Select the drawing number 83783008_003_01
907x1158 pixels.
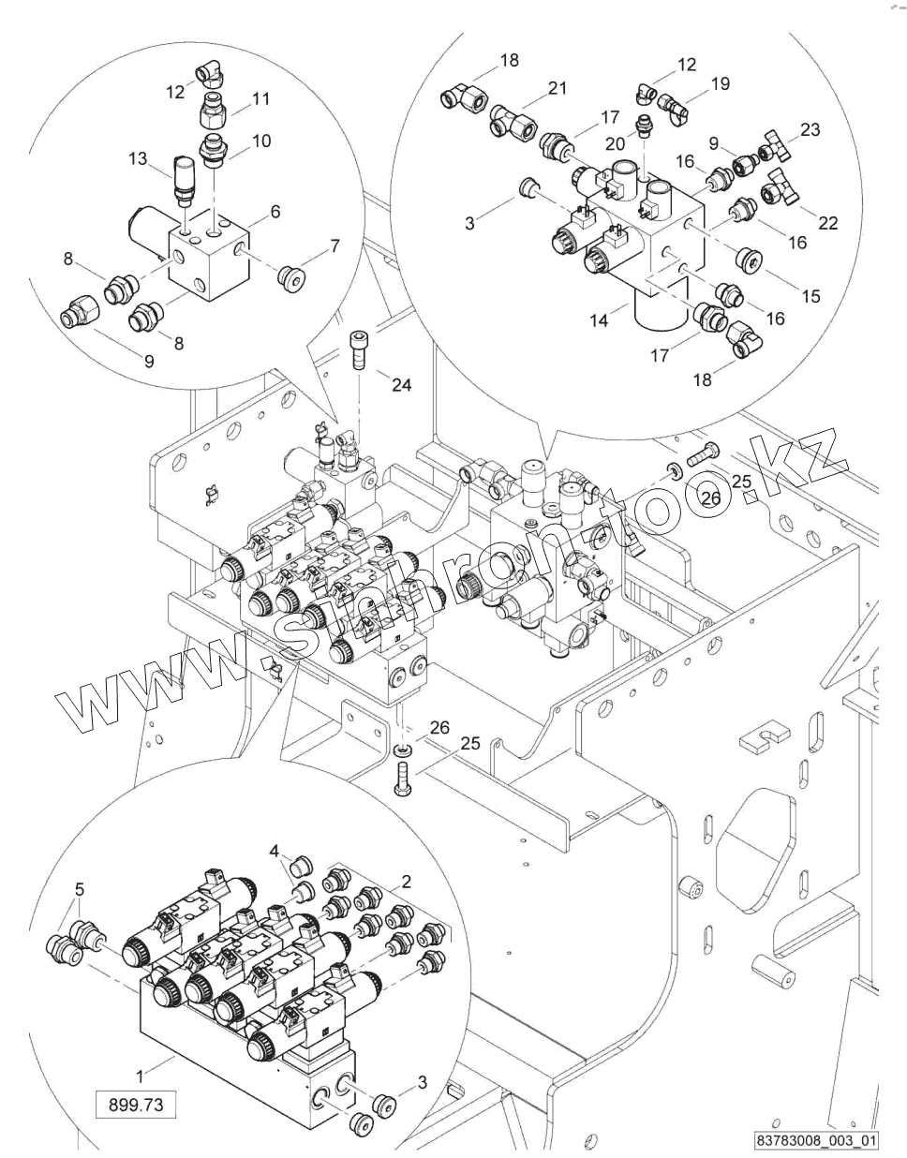819,1141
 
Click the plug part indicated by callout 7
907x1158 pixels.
290,276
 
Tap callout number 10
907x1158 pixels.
262,141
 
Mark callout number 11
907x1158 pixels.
260,97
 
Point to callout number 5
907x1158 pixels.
80,887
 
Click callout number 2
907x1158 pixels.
406,880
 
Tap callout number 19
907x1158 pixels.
720,83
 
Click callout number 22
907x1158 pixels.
827,223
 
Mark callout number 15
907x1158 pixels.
810,295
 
